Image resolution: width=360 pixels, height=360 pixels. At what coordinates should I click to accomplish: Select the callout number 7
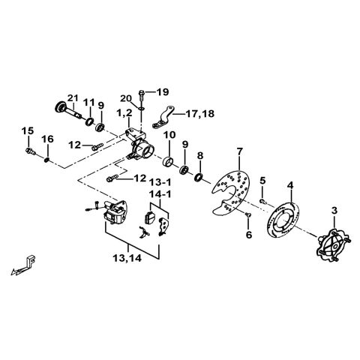coord(239,152)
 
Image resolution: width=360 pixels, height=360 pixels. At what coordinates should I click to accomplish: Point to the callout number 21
coord(73,97)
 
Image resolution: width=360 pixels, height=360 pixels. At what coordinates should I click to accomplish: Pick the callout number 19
coord(163,91)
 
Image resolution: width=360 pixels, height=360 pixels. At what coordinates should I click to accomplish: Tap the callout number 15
coord(27,131)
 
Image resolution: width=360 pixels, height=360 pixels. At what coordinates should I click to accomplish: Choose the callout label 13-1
coord(159,182)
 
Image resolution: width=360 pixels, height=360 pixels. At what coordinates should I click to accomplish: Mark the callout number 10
coord(170,135)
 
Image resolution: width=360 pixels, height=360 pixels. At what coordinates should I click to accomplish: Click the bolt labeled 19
coord(142,92)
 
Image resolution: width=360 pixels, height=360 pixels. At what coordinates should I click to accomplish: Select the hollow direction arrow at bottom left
coord(25,264)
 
